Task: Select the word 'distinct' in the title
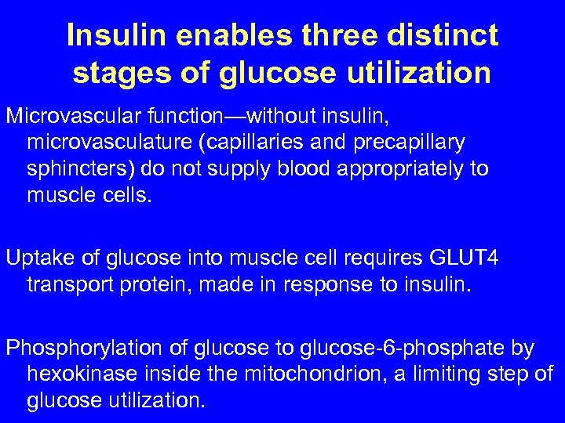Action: [443, 35]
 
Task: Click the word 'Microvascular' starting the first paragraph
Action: [72, 117]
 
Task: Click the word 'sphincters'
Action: [76, 168]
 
